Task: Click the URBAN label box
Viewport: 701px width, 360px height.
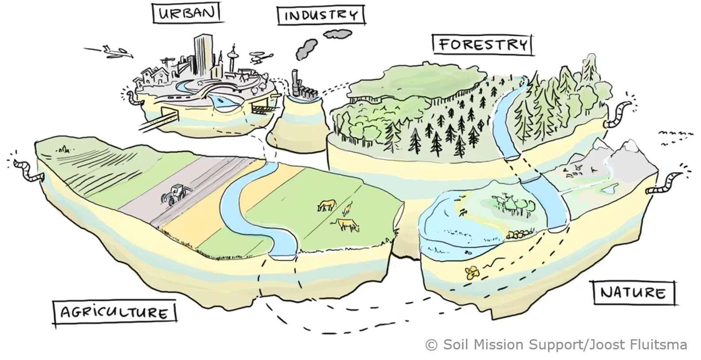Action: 186,13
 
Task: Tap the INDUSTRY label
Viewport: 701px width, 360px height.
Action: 321,15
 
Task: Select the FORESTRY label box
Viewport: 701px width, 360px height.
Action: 483,44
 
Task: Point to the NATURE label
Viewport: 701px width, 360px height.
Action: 633,292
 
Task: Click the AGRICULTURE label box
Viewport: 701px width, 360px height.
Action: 114,312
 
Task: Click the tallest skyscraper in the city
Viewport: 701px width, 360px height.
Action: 201,55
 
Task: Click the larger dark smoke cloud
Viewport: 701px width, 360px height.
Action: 307,48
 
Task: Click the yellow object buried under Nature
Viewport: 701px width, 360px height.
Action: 472,272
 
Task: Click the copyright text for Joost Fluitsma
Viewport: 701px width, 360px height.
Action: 556,344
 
